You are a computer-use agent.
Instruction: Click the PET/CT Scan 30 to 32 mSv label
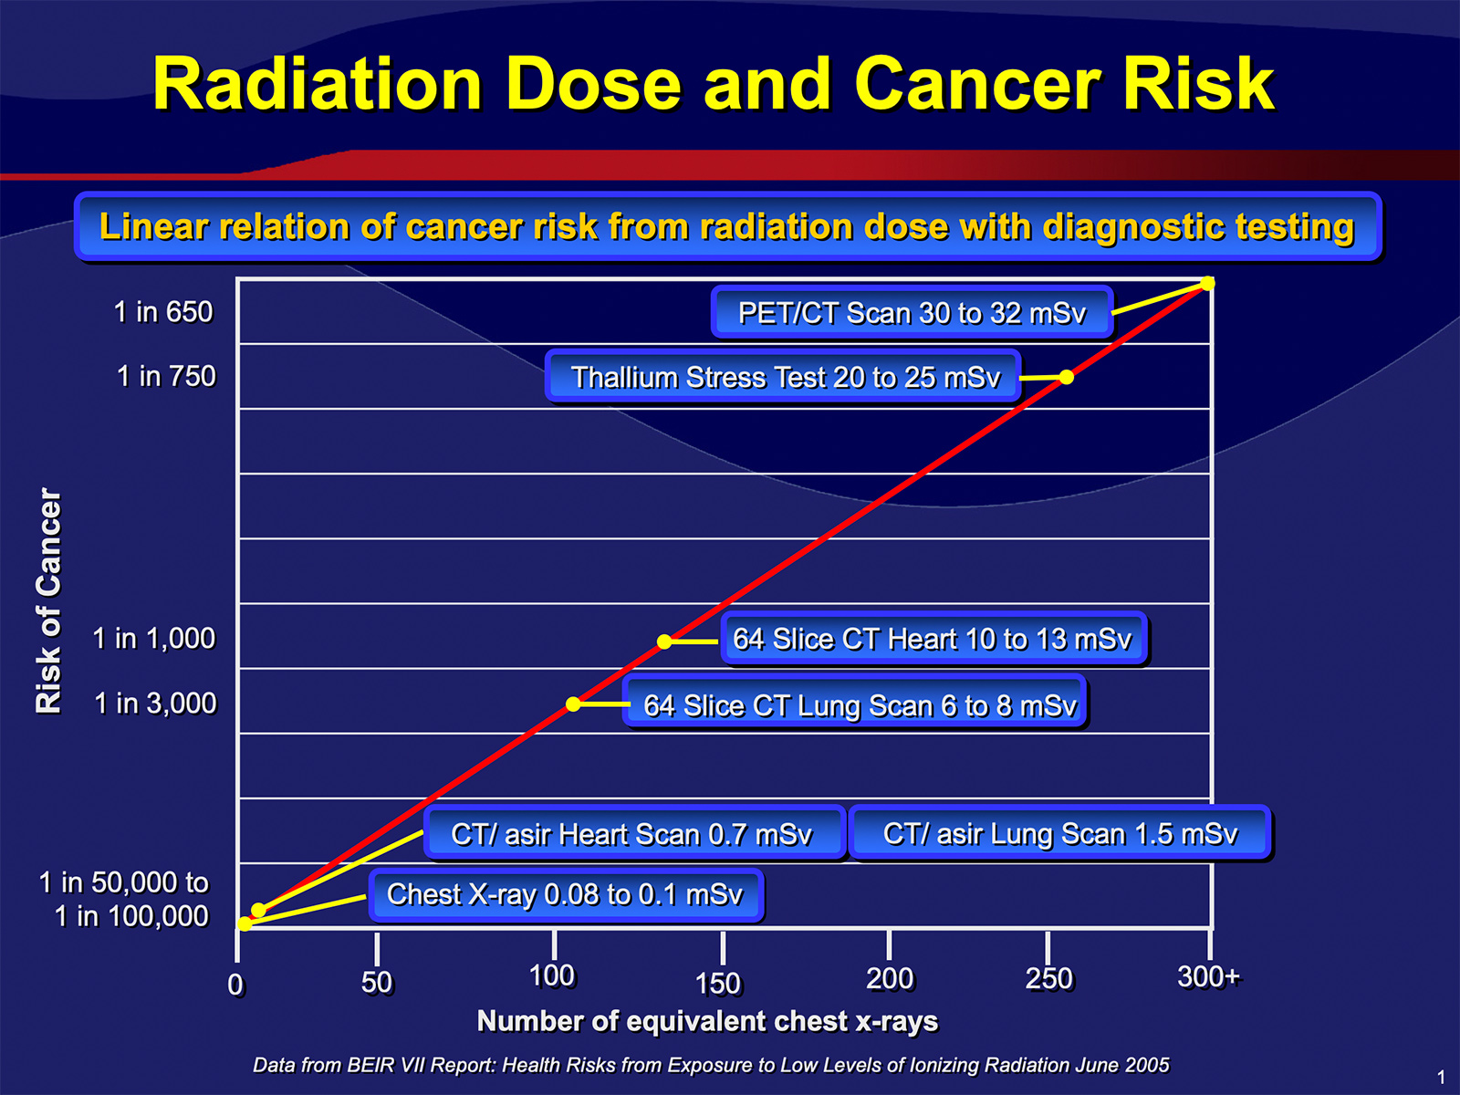pos(912,312)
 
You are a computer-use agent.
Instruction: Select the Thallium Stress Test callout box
pos(783,376)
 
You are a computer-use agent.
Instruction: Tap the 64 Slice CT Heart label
pos(933,638)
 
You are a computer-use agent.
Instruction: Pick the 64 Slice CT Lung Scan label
pos(855,704)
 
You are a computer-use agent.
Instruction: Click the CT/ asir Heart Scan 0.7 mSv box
pos(634,833)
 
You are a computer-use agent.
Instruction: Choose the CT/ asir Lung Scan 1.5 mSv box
pos(1059,833)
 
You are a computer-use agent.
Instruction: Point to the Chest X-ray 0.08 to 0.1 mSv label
pos(566,895)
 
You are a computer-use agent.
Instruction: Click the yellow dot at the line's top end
pos(1207,284)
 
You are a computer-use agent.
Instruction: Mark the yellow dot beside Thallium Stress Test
pos(1066,377)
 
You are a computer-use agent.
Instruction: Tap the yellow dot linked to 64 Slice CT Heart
pos(663,641)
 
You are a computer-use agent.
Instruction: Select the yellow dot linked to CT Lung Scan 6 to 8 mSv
pos(573,704)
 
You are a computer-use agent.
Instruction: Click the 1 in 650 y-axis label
pos(163,312)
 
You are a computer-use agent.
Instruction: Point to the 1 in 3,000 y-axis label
pos(156,704)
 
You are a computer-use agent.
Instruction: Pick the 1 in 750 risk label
pos(166,376)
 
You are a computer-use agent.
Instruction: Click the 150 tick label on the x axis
pos(718,984)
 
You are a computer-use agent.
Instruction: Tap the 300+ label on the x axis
pos(1208,976)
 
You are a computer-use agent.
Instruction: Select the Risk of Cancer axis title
pos(48,601)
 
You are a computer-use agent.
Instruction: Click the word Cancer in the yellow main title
pos(978,84)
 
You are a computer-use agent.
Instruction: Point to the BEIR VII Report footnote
pos(711,1065)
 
